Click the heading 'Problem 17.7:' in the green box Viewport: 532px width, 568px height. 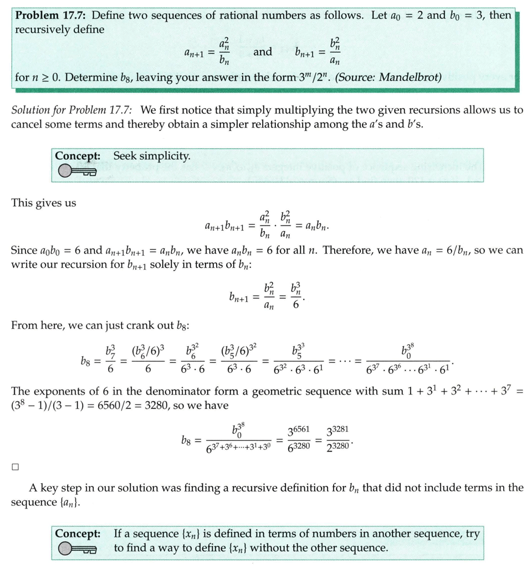(51, 15)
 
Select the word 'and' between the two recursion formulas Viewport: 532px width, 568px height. (262, 52)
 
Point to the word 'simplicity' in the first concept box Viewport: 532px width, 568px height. (166, 156)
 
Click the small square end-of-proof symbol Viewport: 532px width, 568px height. (15, 466)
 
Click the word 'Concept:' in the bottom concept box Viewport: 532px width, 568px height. (78, 534)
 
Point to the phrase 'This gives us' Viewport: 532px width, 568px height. (44, 203)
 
